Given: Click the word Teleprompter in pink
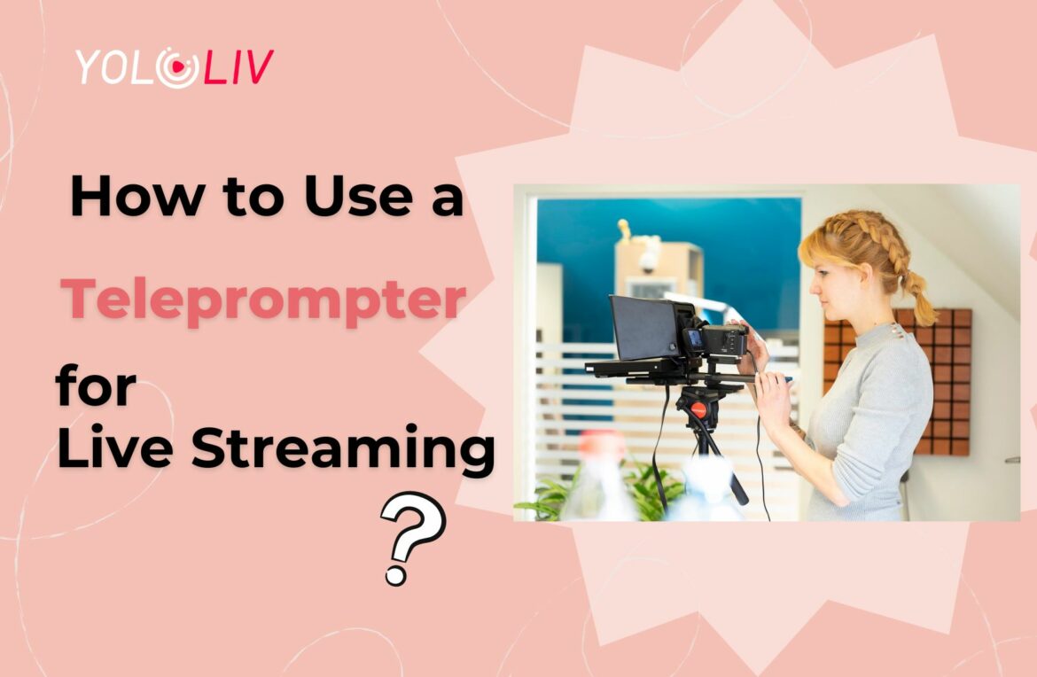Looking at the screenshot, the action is click(x=263, y=300).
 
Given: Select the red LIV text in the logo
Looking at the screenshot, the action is click(x=238, y=66).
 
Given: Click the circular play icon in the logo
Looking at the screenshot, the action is click(x=178, y=67).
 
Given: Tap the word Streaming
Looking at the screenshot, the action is click(x=343, y=449).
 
